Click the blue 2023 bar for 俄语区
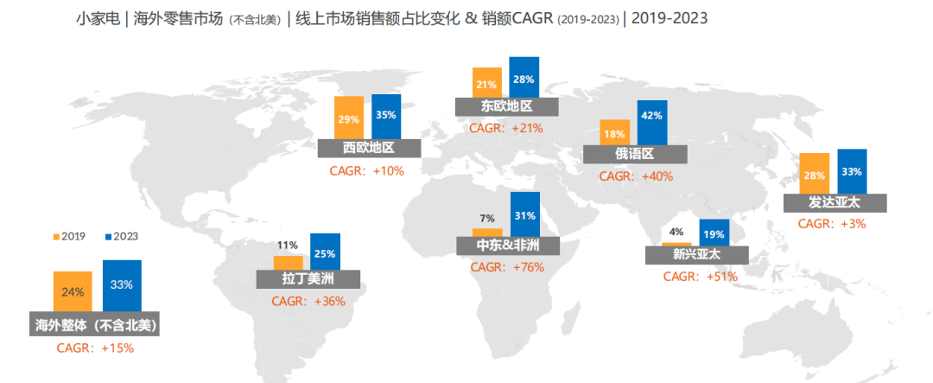click(x=651, y=123)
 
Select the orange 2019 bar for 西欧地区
click(x=348, y=118)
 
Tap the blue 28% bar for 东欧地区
click(x=524, y=78)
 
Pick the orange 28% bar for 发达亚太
click(x=815, y=174)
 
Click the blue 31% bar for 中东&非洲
click(x=524, y=214)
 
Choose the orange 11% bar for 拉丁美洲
click(x=288, y=262)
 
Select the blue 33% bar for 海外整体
click(x=122, y=285)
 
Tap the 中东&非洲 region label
click(x=507, y=246)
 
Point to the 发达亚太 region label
click(x=835, y=203)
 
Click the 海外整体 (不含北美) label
click(x=96, y=325)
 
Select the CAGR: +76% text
click(x=507, y=267)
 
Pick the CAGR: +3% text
click(x=831, y=223)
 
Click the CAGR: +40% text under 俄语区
click(x=636, y=176)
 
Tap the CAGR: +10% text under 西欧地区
click(x=366, y=170)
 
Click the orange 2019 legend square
click(x=56, y=236)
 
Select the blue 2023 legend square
click(x=107, y=236)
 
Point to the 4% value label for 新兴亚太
click(x=676, y=232)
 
